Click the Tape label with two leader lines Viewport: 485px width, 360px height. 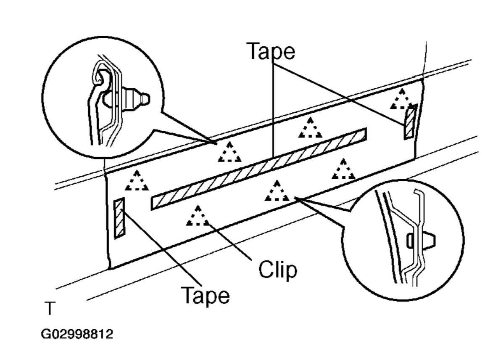[271, 51]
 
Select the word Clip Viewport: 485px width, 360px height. [277, 270]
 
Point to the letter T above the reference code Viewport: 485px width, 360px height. [49, 308]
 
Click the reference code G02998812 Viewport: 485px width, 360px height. [76, 334]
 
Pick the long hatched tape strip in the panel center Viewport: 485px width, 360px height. [258, 169]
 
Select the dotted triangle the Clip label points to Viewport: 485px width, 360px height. [198, 216]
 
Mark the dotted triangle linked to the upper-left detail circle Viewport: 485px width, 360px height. [230, 153]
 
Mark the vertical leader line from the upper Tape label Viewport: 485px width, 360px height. [274, 109]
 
